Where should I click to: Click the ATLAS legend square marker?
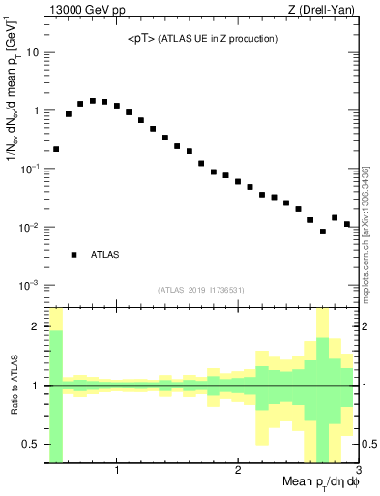pyautogui.click(x=73, y=255)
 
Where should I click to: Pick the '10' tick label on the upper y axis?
pyautogui.click(x=32, y=52)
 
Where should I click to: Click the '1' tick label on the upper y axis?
pyautogui.click(x=35, y=110)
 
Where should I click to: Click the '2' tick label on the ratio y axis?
pyautogui.click(x=36, y=326)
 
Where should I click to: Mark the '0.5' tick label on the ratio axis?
pyautogui.click(x=31, y=444)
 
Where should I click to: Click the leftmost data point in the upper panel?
pyautogui.click(x=56, y=149)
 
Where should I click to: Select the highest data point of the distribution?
pyautogui.click(x=93, y=100)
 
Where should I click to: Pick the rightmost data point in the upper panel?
pyautogui.click(x=347, y=224)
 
